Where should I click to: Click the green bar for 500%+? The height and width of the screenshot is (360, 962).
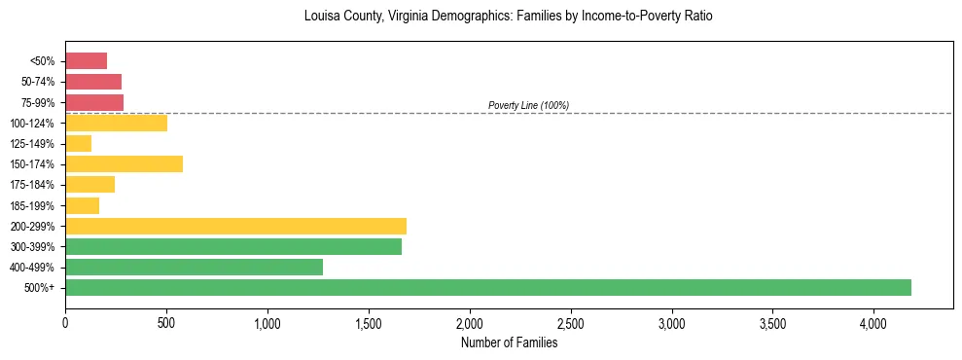pos(488,287)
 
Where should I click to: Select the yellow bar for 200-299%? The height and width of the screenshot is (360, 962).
pos(235,226)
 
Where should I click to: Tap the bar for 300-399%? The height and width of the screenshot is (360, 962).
pos(233,246)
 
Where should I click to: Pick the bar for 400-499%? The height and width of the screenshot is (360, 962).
pos(194,267)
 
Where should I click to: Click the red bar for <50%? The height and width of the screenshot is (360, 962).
pos(86,60)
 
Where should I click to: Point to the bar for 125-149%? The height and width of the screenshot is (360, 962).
pos(78,143)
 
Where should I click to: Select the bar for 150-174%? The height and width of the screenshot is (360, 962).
pos(124,163)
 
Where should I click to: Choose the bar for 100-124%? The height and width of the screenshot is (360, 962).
pos(116,123)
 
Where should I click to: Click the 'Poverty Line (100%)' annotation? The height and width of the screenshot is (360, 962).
pos(528,105)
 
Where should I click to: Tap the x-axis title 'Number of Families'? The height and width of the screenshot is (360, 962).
pos(509,342)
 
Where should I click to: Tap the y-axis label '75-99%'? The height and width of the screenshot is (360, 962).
pos(38,102)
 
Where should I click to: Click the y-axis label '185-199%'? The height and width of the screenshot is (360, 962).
pos(35,205)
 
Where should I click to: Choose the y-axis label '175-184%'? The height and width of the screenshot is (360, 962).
pos(35,185)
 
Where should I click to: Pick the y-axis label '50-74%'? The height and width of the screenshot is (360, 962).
pos(38,82)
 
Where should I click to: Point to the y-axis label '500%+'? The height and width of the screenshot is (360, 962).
pos(40,288)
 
